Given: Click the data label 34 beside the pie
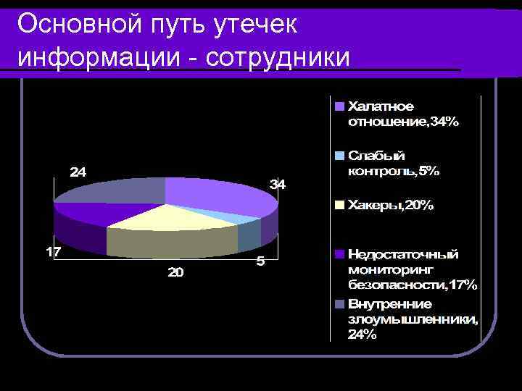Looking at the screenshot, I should coord(278,185).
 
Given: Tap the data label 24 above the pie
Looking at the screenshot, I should coord(78,172).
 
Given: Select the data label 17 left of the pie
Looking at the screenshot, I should coord(54,253).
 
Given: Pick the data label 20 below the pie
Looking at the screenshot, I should coord(175,273).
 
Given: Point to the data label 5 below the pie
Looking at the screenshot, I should coord(260,261).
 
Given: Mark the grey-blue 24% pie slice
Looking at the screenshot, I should coord(116,190).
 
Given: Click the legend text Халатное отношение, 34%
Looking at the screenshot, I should coord(403,114).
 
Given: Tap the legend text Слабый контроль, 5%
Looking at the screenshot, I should coord(393,164).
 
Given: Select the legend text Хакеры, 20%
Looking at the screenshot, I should coord(391,206).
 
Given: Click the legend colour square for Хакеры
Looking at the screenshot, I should coord(339,206).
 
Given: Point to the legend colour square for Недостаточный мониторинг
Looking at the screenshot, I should coord(339,255).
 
